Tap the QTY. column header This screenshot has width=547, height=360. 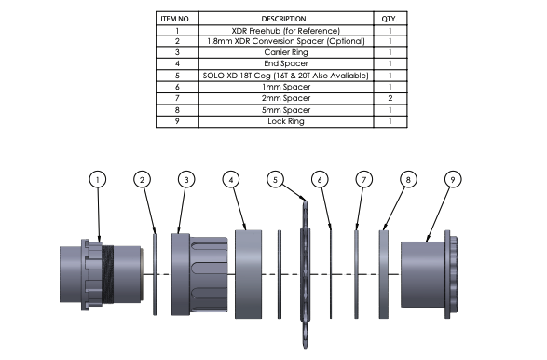coord(390,19)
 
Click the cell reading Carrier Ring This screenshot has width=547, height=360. coord(286,52)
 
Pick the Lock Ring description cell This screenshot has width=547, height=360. coord(286,121)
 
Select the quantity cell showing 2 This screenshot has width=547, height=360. coord(390,98)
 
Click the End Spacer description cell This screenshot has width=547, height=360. coord(286,63)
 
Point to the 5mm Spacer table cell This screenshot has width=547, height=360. coord(286,110)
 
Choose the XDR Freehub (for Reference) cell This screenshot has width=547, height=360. coord(286,31)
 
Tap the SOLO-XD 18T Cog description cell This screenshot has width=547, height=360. coord(286,76)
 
